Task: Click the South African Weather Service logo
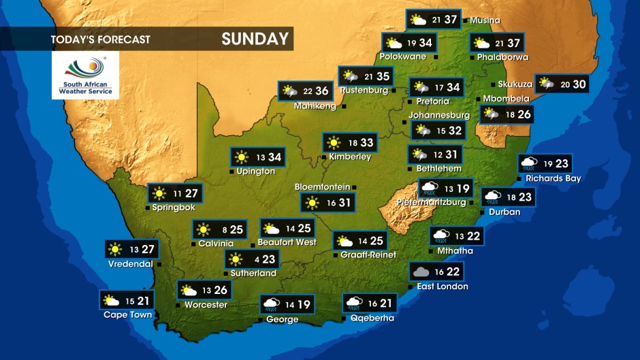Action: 85,75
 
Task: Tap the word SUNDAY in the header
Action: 255,39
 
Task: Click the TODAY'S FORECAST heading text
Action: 100,39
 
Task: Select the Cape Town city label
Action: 127,314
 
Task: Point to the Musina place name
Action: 485,20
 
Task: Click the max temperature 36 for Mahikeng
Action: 322,91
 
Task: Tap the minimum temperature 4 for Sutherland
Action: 256,259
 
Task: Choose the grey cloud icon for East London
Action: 420,272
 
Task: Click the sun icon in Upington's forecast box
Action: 241,157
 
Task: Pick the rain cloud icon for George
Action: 271,304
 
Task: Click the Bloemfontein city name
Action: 322,186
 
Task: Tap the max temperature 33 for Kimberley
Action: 367,143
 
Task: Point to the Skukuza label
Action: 515,84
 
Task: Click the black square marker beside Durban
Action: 483,212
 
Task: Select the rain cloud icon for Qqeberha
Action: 354,303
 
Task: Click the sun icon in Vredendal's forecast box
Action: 116,250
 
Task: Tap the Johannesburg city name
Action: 439,115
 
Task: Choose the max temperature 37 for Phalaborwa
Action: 514,44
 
